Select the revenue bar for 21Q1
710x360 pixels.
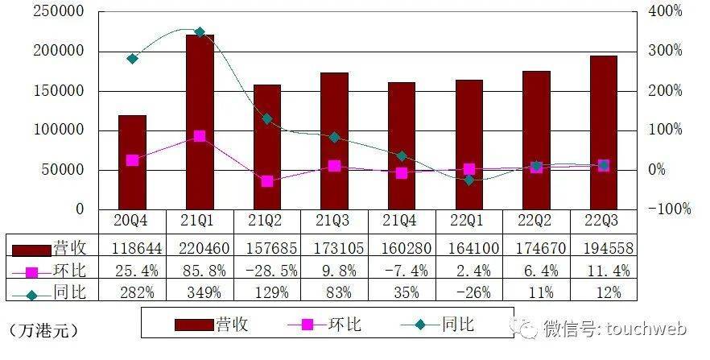tap(200, 121)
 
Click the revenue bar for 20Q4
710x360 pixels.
tap(132, 161)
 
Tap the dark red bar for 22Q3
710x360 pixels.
tap(603, 132)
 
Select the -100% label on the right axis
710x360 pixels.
tap(667, 209)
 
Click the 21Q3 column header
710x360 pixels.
tap(334, 221)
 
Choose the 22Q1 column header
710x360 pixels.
tap(469, 221)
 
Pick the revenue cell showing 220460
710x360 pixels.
tap(200, 246)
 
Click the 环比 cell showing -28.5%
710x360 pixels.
tap(267, 268)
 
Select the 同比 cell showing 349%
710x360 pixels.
tap(200, 291)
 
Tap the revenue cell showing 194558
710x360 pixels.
tap(603, 246)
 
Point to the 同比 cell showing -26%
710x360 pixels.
tap(469, 291)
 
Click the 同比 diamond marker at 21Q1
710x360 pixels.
tap(200, 32)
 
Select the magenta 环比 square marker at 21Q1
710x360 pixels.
tap(200, 136)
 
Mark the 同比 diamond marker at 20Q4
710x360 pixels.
tap(132, 59)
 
